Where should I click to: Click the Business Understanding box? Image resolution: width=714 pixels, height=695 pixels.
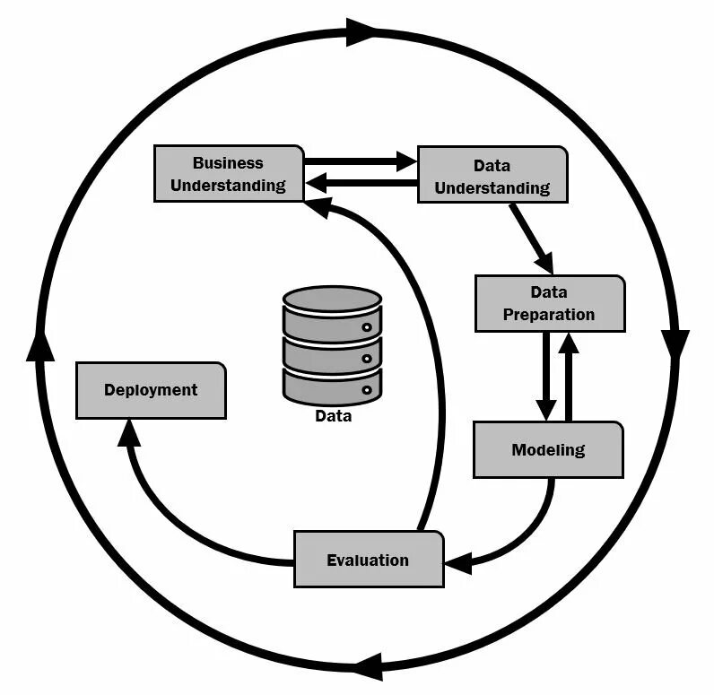[228, 174]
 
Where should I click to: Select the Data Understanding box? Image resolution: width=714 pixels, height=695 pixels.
[492, 176]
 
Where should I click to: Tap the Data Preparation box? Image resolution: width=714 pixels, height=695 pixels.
[549, 303]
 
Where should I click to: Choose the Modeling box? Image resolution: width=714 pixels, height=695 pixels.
[548, 449]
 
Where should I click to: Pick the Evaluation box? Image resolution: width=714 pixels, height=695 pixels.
[368, 560]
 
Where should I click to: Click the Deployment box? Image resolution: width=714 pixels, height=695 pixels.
[151, 390]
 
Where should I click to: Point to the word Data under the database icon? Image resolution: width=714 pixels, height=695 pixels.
[333, 416]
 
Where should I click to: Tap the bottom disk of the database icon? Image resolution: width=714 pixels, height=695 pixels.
[333, 384]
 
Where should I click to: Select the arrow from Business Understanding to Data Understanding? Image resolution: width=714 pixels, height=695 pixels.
[359, 162]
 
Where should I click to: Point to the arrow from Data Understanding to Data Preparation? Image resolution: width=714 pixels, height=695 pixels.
[531, 239]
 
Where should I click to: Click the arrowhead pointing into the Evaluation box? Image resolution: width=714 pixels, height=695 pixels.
[458, 564]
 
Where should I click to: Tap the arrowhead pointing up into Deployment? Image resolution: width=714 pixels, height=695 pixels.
[130, 433]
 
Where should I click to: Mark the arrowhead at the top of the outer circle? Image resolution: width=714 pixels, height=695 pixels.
[362, 32]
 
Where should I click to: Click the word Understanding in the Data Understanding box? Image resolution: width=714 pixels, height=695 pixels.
[492, 188]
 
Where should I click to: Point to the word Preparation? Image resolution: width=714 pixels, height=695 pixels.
[549, 315]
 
